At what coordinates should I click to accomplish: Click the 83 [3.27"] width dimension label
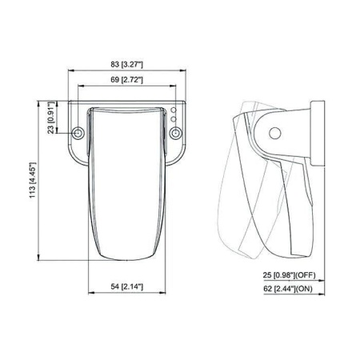pyautogui.click(x=127, y=65)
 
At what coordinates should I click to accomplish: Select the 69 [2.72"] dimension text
pyautogui.click(x=127, y=80)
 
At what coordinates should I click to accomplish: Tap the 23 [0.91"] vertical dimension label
pyautogui.click(x=51, y=118)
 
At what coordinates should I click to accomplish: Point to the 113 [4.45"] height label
pyautogui.click(x=32, y=180)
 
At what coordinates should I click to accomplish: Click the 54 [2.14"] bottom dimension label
pyautogui.click(x=127, y=286)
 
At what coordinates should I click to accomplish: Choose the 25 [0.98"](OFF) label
pyautogui.click(x=290, y=275)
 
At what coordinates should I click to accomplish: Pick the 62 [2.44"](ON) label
pyautogui.click(x=288, y=289)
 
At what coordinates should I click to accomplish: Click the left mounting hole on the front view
pyautogui.click(x=78, y=133)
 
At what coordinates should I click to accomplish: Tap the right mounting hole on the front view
pyautogui.click(x=176, y=133)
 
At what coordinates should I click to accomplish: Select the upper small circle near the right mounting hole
pyautogui.click(x=174, y=110)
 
